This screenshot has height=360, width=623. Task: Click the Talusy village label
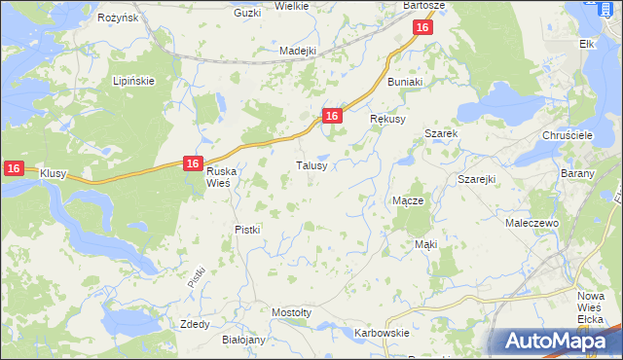tap(317, 166)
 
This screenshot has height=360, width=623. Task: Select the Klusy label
tap(53, 173)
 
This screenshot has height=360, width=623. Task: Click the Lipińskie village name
tap(134, 81)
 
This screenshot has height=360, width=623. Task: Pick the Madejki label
tap(299, 52)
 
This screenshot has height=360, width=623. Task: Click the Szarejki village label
tap(477, 180)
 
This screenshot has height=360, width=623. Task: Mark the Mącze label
tap(407, 200)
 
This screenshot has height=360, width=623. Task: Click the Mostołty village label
tap(291, 312)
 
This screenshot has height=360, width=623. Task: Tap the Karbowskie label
tap(382, 333)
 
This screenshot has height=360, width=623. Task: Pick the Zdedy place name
tap(195, 324)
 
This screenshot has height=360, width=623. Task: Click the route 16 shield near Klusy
tap(13, 168)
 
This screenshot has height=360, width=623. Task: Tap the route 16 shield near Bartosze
tap(421, 28)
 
